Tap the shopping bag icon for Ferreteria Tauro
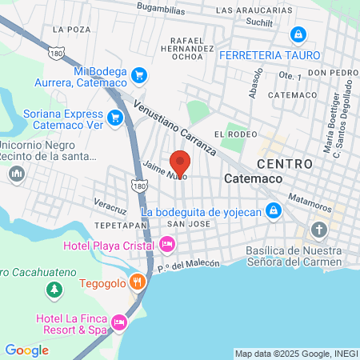point(298,35)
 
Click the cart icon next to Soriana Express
point(115,118)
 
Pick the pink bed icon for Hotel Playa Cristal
point(166,243)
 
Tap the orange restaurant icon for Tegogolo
point(138,282)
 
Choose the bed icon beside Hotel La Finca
point(118,322)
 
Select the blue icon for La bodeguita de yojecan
point(274,211)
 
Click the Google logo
point(26,350)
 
